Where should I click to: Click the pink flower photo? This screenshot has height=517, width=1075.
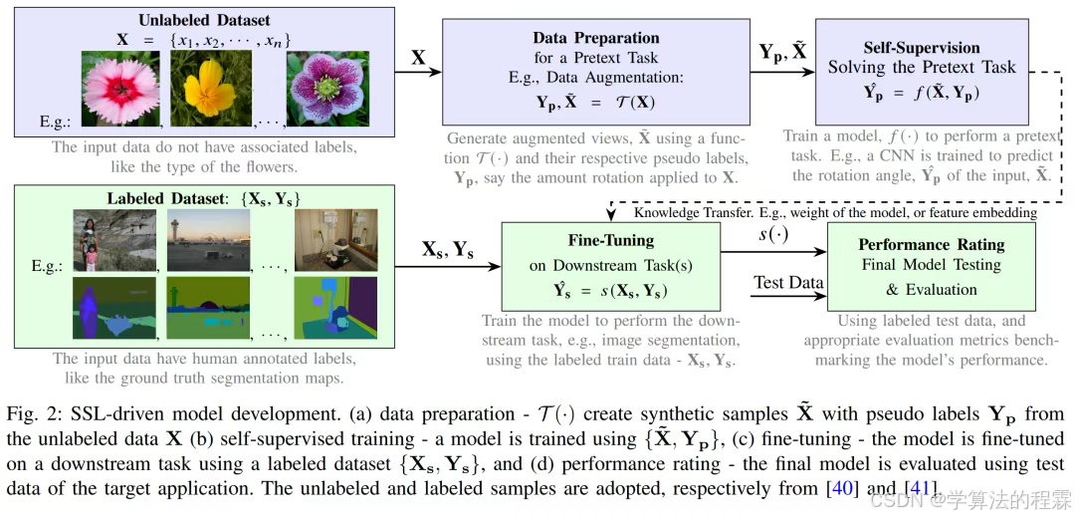(120, 89)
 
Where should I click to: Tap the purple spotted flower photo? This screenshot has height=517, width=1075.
(321, 89)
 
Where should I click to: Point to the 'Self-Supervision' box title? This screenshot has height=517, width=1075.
(922, 47)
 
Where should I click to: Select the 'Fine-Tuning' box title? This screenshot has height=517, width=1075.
(610, 240)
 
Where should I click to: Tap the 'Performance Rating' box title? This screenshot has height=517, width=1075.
(931, 243)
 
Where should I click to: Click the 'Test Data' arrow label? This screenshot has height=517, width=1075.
(788, 283)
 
